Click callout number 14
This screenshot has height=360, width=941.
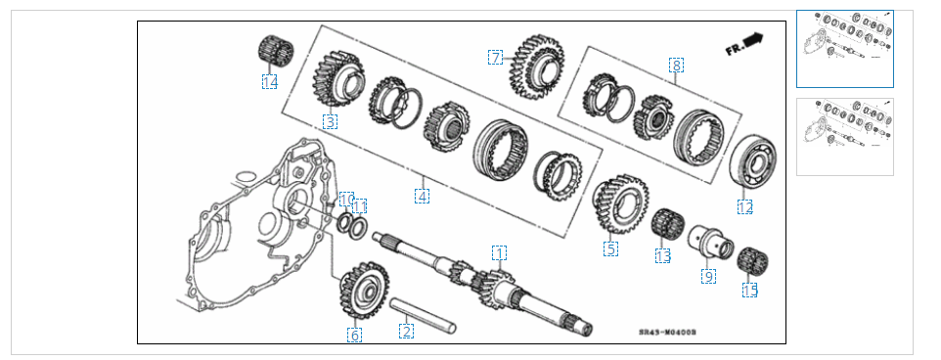click(269, 81)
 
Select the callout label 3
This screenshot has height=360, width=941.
click(330, 122)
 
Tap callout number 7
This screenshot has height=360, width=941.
click(495, 58)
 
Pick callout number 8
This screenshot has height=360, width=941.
click(676, 65)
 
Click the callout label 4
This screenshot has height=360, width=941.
click(422, 196)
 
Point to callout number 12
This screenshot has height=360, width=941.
click(745, 206)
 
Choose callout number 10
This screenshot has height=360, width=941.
click(347, 200)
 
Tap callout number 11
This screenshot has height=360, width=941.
click(359, 206)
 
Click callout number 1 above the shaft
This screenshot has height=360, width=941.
click(499, 252)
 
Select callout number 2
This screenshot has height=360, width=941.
click(406, 331)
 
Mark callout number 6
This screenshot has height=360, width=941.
click(355, 335)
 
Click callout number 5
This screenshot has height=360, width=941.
click(611, 248)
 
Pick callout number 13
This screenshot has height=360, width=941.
click(663, 255)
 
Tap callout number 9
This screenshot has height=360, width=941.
click(709, 276)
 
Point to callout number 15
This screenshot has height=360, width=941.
click(750, 291)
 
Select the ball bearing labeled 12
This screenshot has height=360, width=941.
click(752, 160)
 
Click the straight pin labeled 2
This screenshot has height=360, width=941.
click(424, 315)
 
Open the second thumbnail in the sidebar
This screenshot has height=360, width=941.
click(845, 137)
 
